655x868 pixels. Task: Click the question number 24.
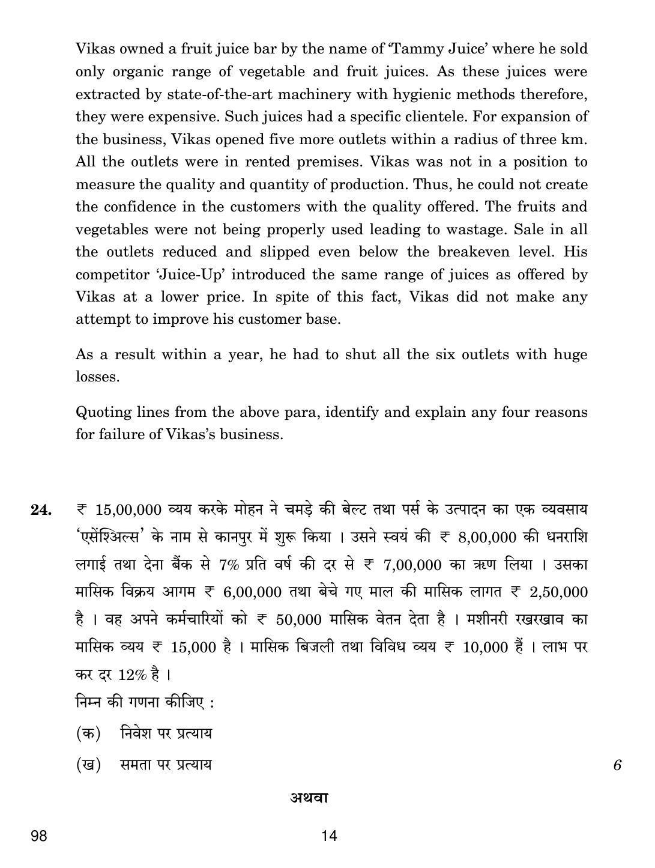point(41,510)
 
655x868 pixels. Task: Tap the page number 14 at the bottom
point(329,836)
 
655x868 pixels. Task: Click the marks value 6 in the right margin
point(617,765)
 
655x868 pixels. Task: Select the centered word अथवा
point(309,798)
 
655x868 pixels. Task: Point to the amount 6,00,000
point(252,592)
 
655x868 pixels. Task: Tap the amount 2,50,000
point(558,592)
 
